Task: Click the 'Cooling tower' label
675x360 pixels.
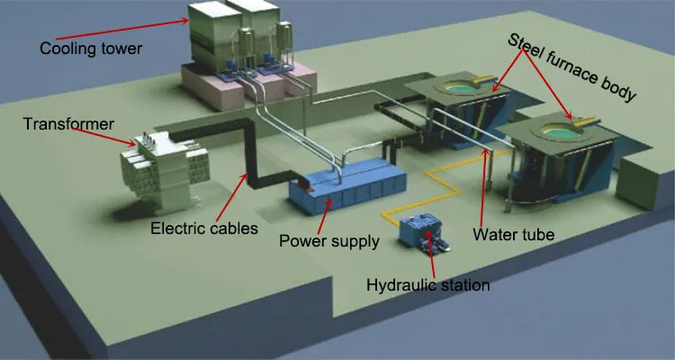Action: [91, 48]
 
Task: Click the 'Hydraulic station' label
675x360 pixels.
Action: [427, 285]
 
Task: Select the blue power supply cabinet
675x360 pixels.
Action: [346, 190]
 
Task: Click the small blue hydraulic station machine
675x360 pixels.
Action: [422, 233]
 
